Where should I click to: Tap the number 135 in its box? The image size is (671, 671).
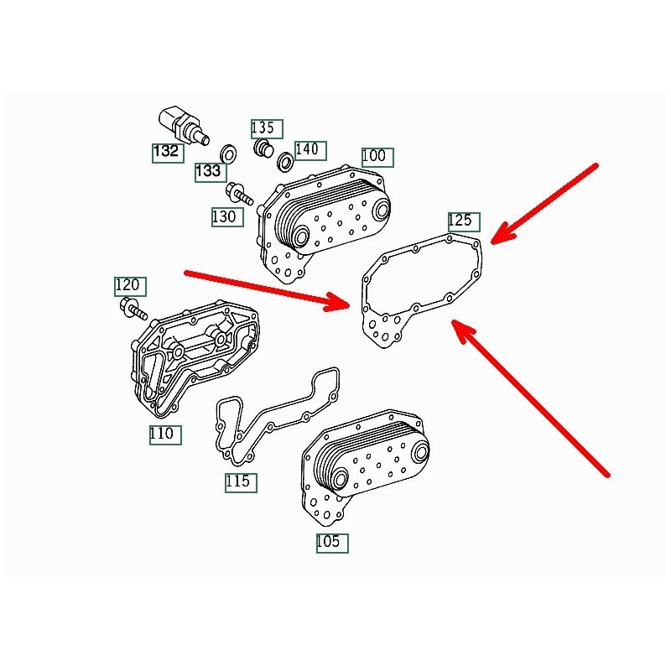click(x=267, y=129)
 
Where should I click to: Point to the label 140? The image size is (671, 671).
click(x=310, y=151)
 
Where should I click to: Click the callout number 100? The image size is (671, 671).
click(x=377, y=157)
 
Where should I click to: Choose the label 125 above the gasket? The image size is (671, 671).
click(x=464, y=222)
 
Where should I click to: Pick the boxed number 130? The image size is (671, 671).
click(x=227, y=217)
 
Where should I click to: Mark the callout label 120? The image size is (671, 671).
click(x=130, y=287)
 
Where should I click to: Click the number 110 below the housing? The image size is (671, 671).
click(x=165, y=435)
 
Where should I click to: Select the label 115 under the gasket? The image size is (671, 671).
click(x=241, y=483)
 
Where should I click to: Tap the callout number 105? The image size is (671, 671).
click(x=332, y=544)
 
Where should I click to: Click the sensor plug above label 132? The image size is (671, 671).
click(x=184, y=124)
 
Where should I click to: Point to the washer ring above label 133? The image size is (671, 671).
click(x=228, y=153)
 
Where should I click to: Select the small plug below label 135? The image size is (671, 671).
click(x=263, y=148)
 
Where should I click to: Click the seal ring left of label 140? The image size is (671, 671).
click(x=285, y=161)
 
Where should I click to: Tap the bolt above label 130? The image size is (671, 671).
click(x=240, y=194)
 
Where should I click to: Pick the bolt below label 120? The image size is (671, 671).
click(x=133, y=309)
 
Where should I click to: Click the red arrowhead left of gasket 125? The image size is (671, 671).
click(x=338, y=302)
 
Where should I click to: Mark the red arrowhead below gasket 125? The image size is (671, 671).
click(x=463, y=330)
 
